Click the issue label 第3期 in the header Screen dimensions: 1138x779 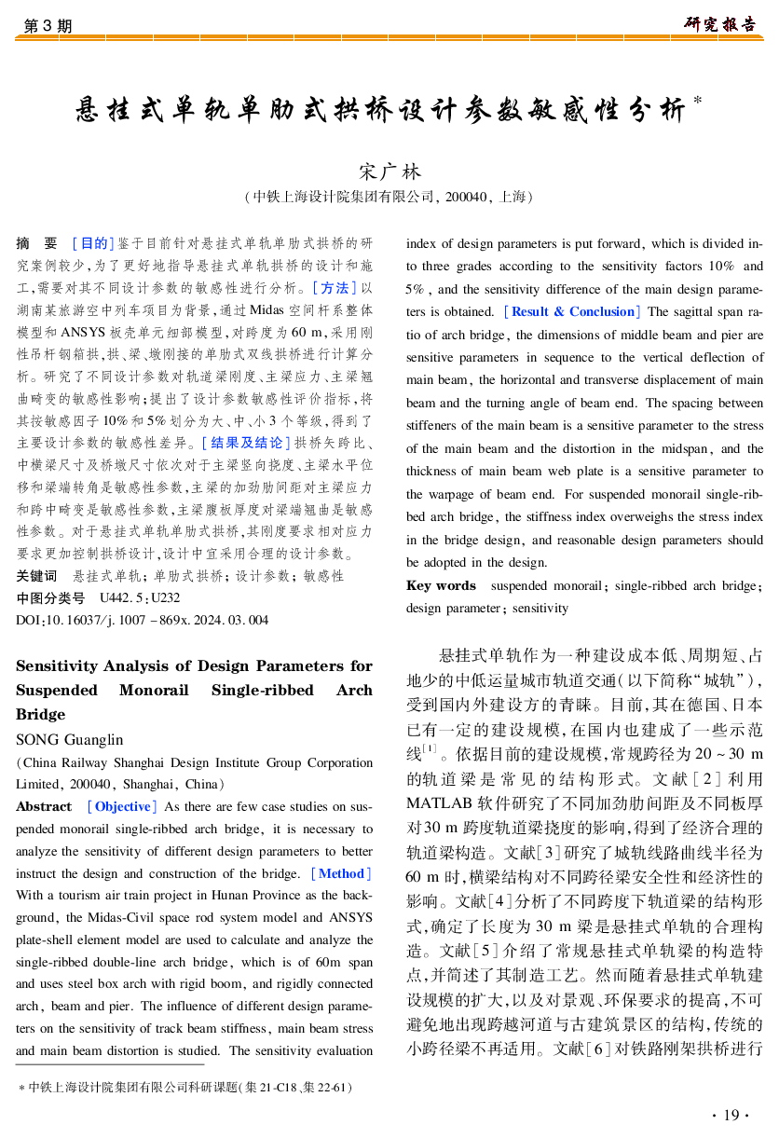click(47, 26)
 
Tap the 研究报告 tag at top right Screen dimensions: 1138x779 click(720, 24)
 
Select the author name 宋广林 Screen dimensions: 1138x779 click(389, 172)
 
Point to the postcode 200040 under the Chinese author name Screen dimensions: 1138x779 click(467, 197)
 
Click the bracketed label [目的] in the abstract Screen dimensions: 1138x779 click(92, 243)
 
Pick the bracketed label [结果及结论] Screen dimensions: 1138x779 click(243, 442)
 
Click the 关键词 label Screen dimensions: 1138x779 click(36, 576)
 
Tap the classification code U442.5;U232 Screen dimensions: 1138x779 click(140, 598)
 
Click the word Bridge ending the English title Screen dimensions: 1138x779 click(41, 714)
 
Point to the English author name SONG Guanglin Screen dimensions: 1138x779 click(70, 739)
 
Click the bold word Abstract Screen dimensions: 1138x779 click(44, 806)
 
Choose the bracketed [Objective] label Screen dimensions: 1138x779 click(122, 806)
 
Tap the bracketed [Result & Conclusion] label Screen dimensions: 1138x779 click(570, 311)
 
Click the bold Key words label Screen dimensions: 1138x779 click(441, 585)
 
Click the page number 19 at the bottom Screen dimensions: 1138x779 click(731, 1116)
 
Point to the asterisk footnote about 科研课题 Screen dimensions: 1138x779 click(186, 1087)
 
